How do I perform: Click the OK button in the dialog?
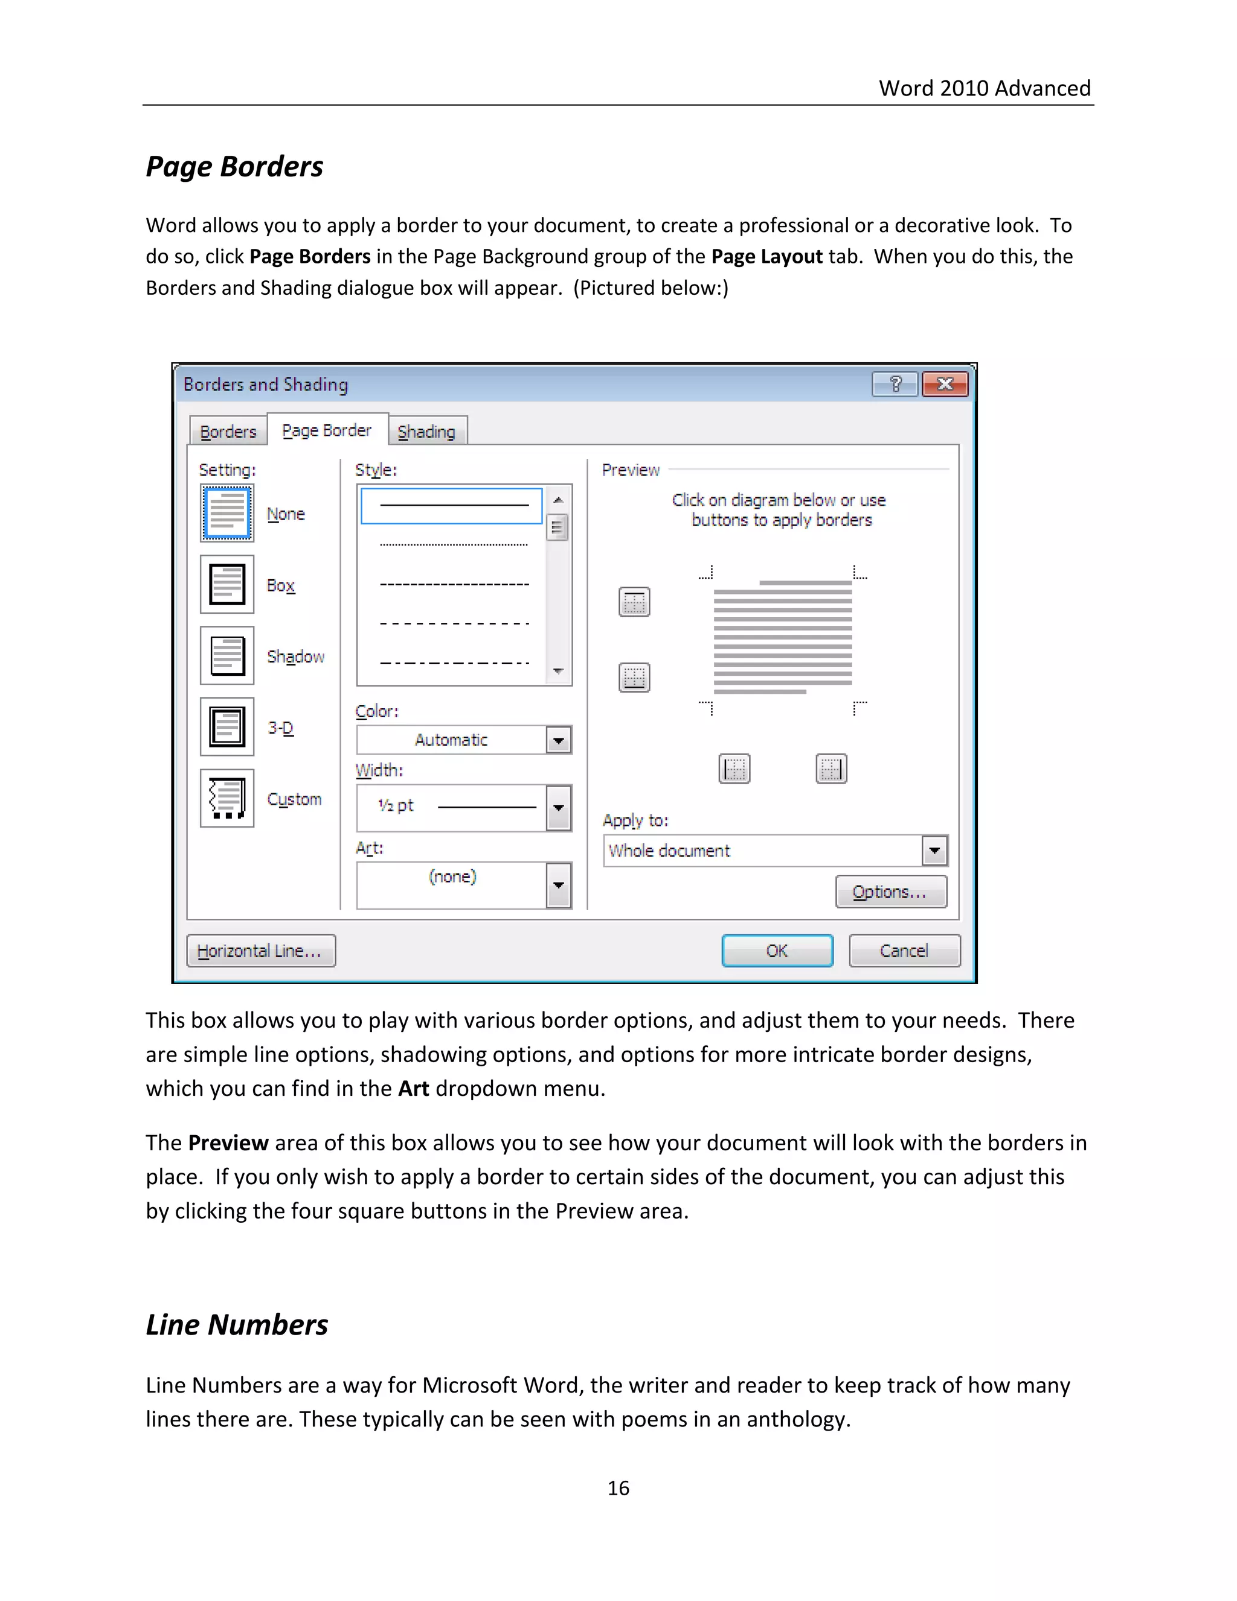[777, 951]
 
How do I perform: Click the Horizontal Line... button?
[261, 951]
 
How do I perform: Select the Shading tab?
[426, 432]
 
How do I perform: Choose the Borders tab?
[228, 432]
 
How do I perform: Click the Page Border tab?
[327, 430]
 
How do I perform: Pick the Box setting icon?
[227, 584]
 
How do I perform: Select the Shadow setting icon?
[227, 656]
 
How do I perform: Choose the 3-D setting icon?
[227, 726]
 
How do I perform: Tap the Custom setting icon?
[227, 798]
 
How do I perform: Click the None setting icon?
[227, 513]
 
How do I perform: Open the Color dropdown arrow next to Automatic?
[559, 741]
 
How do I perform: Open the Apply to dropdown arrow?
[934, 851]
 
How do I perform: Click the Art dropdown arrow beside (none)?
[559, 885]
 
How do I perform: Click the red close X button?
[945, 384]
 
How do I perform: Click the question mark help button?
[895, 384]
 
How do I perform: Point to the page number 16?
[618, 1487]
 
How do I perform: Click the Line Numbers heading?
[237, 1325]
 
